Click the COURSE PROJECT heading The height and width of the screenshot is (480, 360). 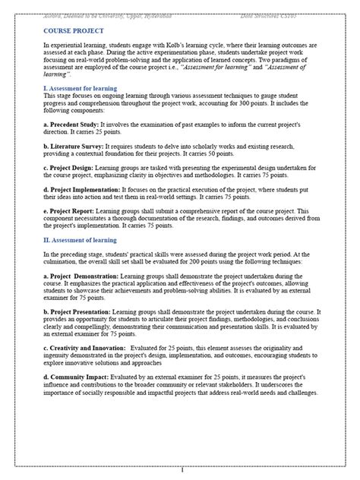pos(73,30)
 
